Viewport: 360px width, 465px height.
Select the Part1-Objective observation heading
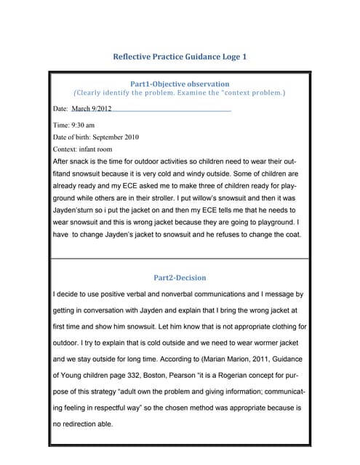point(179,84)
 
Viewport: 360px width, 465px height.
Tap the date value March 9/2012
point(92,108)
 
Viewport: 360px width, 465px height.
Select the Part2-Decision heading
point(180,278)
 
